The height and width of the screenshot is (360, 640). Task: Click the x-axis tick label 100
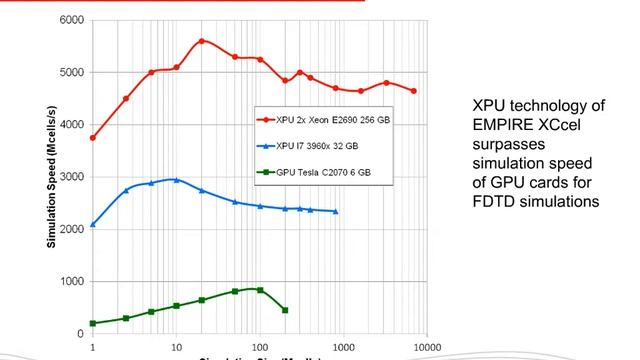click(260, 347)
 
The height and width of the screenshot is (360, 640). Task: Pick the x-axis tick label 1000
click(343, 347)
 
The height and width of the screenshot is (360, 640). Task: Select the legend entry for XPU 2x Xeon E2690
click(329, 118)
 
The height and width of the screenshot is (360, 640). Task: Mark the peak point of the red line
click(202, 41)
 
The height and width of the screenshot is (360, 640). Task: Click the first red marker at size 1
click(92, 137)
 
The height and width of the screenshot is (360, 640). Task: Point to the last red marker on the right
click(413, 91)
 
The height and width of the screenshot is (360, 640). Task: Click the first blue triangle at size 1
click(92, 224)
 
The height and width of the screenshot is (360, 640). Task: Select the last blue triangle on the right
click(335, 211)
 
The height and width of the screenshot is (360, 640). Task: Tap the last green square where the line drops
click(285, 310)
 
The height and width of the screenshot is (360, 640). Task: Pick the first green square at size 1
click(92, 323)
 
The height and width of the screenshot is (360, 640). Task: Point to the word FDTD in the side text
click(493, 201)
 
